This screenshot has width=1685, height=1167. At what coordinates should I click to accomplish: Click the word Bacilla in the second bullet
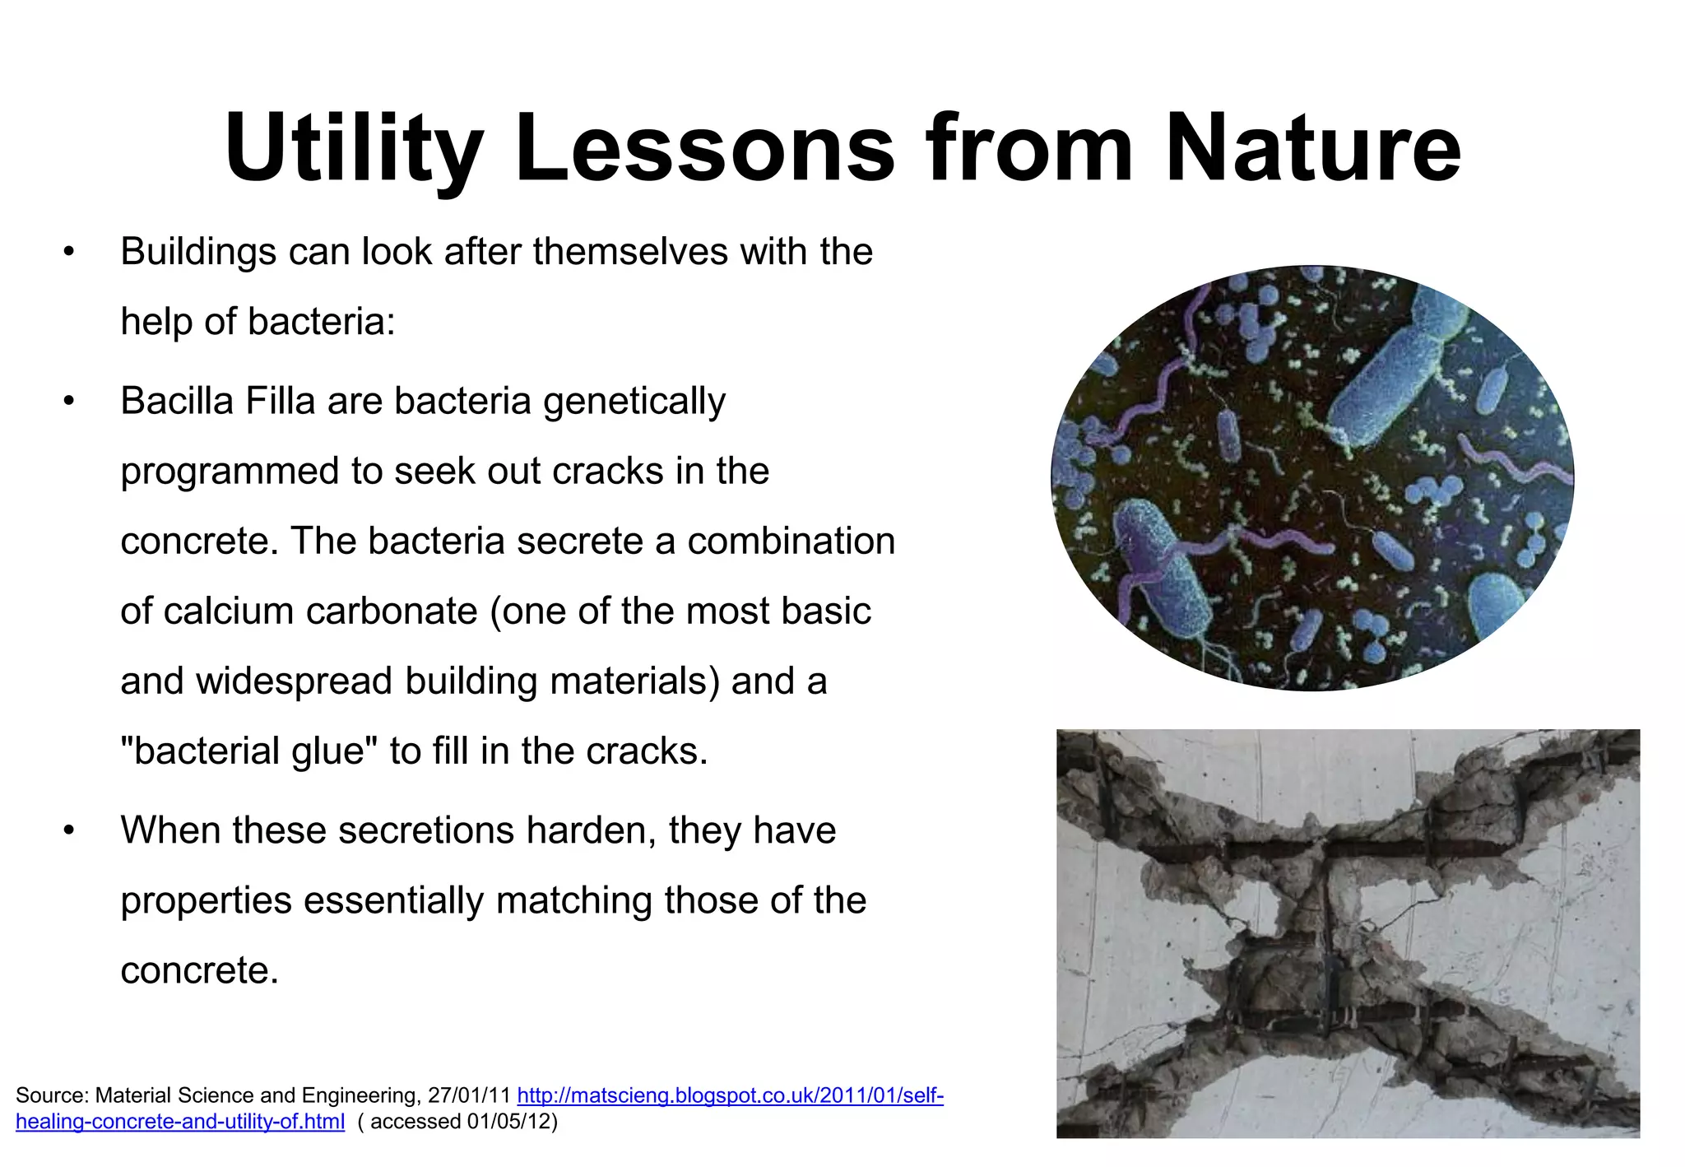point(169,402)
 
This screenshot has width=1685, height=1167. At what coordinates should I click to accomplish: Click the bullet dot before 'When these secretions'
point(69,830)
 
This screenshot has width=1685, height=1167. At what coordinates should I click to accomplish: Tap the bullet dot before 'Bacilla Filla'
point(69,402)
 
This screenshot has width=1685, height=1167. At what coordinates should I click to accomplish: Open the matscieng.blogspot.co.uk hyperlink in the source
point(729,1095)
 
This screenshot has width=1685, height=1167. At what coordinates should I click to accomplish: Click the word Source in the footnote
point(50,1095)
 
